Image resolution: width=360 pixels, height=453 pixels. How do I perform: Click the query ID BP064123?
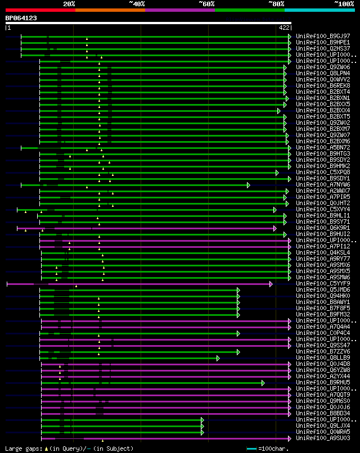pyautogui.click(x=21, y=18)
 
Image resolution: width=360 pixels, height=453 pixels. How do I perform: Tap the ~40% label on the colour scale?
pyautogui.click(x=137, y=4)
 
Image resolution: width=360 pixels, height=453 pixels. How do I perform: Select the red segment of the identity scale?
pyautogui.click(x=40, y=10)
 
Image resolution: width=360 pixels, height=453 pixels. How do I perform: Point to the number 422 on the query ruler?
pyautogui.click(x=283, y=27)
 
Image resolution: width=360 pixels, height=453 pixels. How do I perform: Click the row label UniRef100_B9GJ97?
pyautogui.click(x=323, y=36)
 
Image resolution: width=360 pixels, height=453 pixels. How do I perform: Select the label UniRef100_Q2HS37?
pyautogui.click(x=323, y=48)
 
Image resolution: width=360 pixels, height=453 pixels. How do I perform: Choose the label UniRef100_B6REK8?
pyautogui.click(x=323, y=85)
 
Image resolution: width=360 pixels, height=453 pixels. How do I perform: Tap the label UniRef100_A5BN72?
pyautogui.click(x=323, y=147)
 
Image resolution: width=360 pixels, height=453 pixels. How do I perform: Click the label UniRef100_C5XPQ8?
pyautogui.click(x=323, y=172)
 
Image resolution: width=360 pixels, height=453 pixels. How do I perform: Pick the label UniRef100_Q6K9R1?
pyautogui.click(x=323, y=228)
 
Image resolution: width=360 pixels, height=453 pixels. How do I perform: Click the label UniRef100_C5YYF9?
pyautogui.click(x=323, y=283)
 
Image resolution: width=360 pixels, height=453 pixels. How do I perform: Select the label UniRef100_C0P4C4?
pyautogui.click(x=323, y=333)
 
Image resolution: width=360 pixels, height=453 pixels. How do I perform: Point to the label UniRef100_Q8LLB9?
pyautogui.click(x=323, y=357)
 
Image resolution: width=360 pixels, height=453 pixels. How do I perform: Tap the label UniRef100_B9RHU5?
pyautogui.click(x=323, y=382)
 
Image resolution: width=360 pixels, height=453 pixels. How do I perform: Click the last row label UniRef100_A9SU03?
pyautogui.click(x=323, y=438)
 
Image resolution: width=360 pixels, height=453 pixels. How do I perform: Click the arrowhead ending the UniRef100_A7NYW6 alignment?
pyautogui.click(x=248, y=184)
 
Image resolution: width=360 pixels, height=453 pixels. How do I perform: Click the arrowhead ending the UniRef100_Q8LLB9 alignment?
pyautogui.click(x=218, y=357)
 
